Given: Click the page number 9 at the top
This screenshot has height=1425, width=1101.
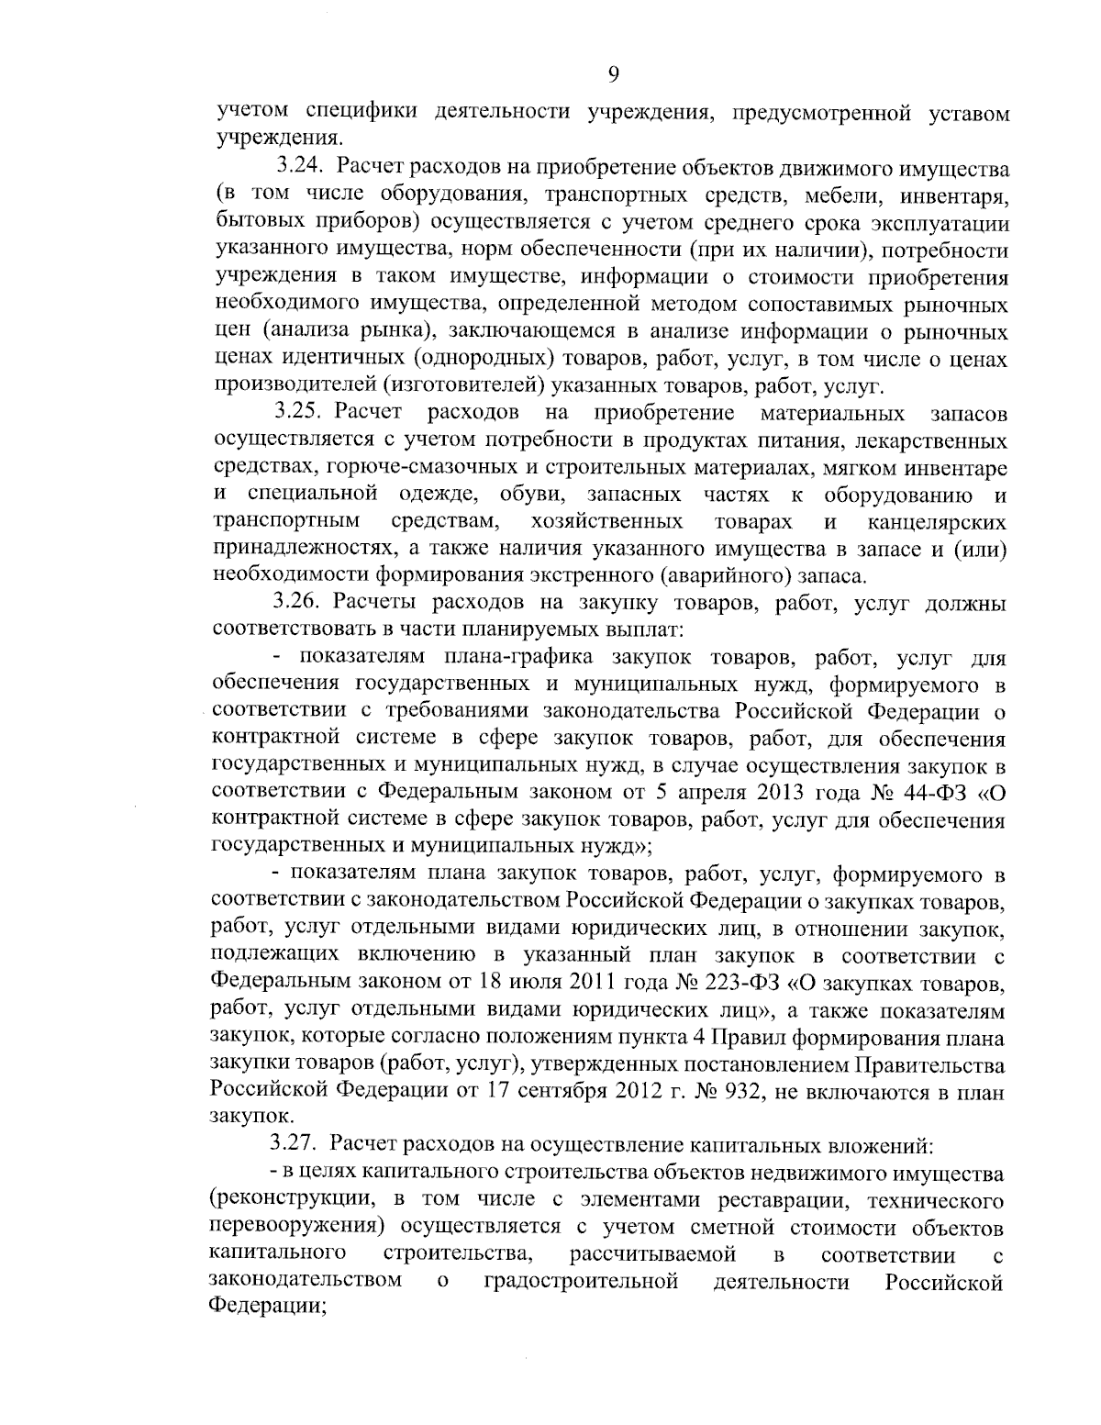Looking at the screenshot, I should coord(613,75).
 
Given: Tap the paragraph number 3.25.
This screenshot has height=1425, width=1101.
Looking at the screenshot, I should coord(301,415).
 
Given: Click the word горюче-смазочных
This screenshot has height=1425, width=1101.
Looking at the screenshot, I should coord(399,469).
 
